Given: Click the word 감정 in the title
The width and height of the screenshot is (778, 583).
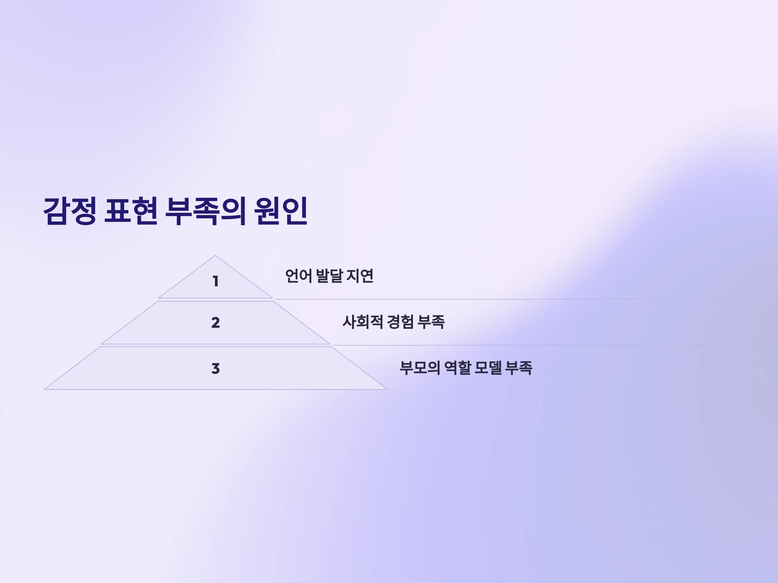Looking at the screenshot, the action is (70, 211).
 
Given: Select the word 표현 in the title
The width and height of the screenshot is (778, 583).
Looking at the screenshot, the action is (131, 211).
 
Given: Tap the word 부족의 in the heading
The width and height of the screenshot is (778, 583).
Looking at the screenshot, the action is (205, 211).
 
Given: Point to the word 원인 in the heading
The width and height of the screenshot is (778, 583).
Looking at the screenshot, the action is (281, 211).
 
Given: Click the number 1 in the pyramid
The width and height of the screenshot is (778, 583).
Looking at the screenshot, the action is (216, 281).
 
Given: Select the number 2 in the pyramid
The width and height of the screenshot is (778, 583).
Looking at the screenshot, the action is (216, 323).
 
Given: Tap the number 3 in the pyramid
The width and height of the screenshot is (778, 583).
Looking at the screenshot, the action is (216, 369).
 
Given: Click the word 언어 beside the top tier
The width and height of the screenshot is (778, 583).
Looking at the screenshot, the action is (299, 276).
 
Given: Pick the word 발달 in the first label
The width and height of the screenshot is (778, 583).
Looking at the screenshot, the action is (329, 276).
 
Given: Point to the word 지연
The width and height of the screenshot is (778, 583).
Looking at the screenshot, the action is (360, 276).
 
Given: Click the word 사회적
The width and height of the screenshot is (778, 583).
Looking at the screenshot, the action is (363, 322).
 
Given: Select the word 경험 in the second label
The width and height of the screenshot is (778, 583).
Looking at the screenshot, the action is (400, 322).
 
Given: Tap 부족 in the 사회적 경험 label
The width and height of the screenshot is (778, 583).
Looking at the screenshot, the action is (431, 322).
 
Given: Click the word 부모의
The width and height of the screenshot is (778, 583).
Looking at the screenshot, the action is (420, 368).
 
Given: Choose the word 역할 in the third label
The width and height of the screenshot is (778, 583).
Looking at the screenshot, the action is (458, 368).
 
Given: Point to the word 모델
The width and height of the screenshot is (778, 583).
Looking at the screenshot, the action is (488, 368).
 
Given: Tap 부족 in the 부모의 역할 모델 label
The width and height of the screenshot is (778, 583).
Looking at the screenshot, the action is (519, 368).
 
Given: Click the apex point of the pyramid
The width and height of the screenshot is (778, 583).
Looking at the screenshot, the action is (215, 256).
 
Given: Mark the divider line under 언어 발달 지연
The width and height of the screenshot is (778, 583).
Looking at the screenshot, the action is (501, 299).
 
